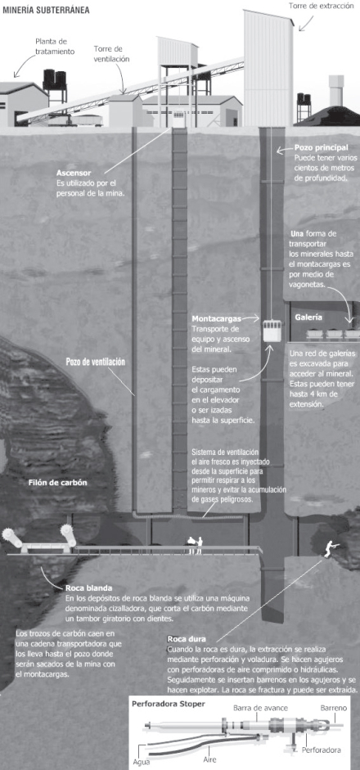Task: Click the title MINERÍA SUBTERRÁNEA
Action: coord(47,9)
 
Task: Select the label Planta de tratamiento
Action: coord(55,46)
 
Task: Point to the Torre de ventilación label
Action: coord(112,53)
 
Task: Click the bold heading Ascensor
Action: coord(74,173)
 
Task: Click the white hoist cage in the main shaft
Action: coord(272,331)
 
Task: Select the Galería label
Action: coord(309,317)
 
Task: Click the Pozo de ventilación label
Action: coord(95,362)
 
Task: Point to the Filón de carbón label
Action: coord(57,482)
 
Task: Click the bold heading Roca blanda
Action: coord(88,588)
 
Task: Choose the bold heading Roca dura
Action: coord(187,639)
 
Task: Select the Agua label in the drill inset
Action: coord(142,764)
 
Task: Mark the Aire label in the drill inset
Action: coord(209,759)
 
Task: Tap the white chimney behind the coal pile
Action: coord(336,90)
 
